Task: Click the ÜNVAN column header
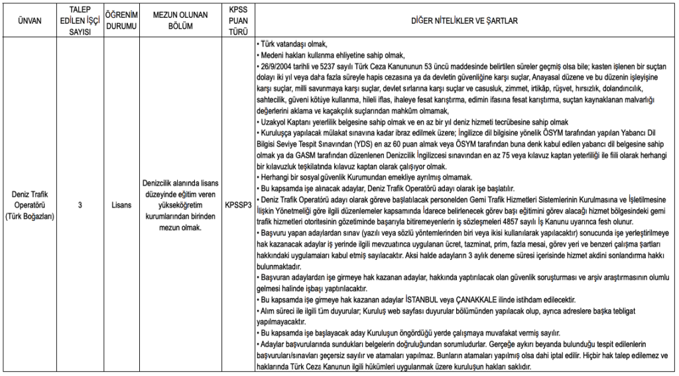click(x=31, y=21)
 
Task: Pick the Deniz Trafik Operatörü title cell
click(x=31, y=205)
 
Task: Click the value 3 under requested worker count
click(x=79, y=205)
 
